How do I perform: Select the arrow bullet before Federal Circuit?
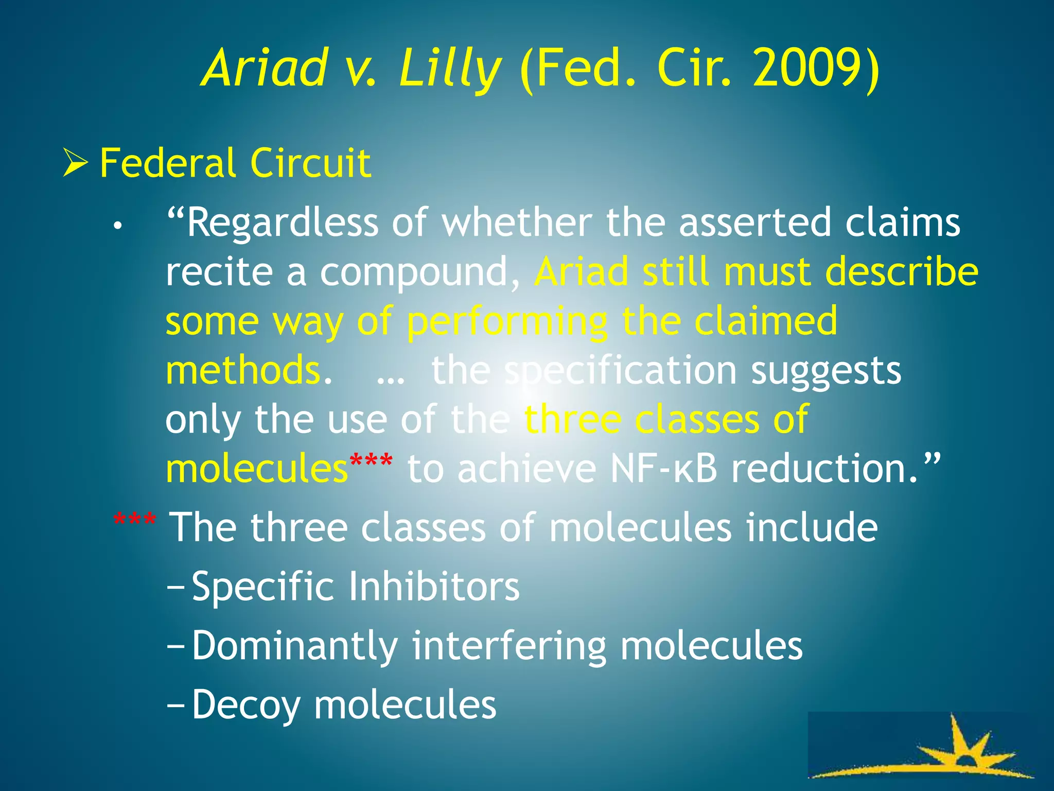tap(75, 162)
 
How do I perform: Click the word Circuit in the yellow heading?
tap(310, 163)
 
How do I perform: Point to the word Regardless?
tap(282, 222)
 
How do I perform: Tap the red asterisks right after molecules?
tap(371, 459)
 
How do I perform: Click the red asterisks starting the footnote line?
tap(135, 520)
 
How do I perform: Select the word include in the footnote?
tap(812, 527)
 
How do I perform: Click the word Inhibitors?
tap(434, 587)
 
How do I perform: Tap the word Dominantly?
tap(295, 646)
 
